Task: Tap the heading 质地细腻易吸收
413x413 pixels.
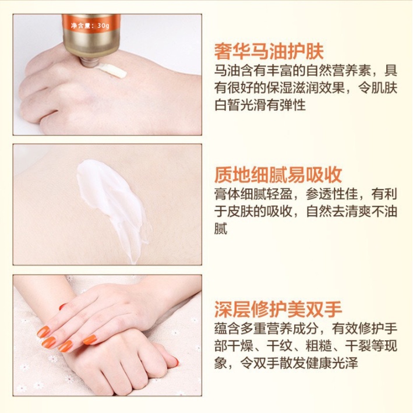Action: (277, 174)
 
